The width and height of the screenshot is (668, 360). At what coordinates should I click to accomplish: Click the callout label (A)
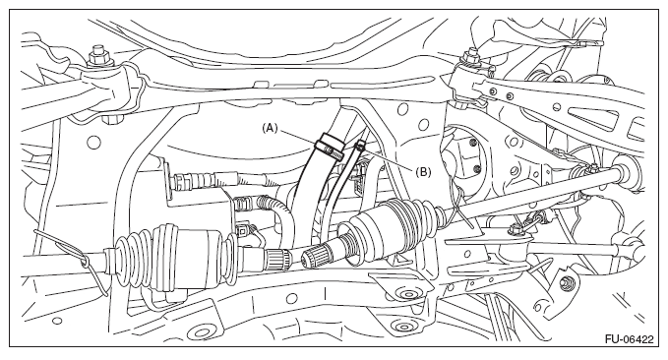(x=270, y=128)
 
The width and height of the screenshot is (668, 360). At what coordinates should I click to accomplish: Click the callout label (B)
(x=423, y=172)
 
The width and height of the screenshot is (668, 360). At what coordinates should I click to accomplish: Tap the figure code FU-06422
(x=629, y=339)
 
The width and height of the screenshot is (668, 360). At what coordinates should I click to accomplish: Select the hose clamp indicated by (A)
(x=330, y=147)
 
